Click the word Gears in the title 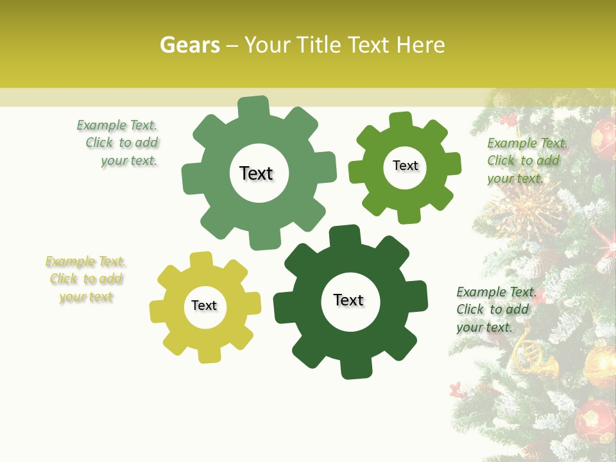pos(189,45)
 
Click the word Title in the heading pos(321,45)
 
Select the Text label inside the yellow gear pos(204,306)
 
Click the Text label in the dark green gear pos(348,300)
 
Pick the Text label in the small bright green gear pos(406,166)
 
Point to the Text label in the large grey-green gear pos(256,173)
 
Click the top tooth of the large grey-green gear pos(253,107)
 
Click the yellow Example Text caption pos(86,279)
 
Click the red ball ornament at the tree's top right pos(603,136)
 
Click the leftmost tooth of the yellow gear pos(158,311)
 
